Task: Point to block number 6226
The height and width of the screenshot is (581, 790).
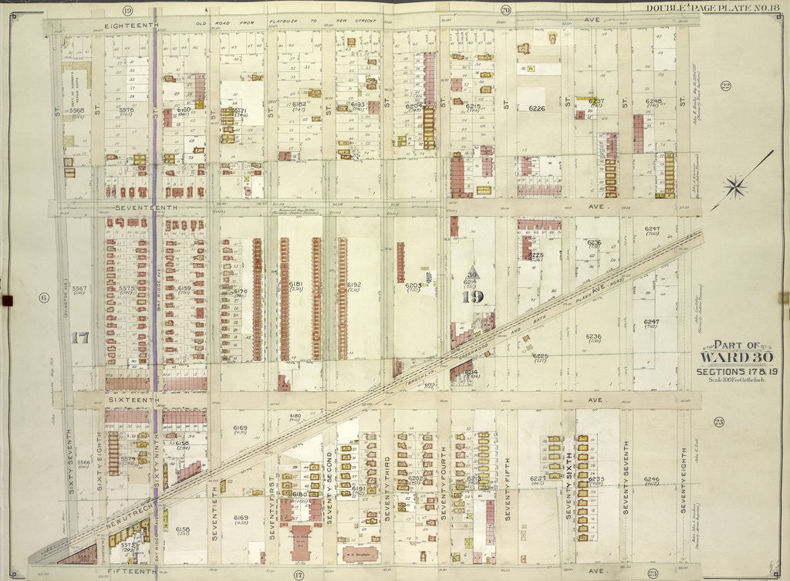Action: (x=537, y=109)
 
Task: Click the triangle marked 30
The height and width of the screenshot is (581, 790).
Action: (x=471, y=272)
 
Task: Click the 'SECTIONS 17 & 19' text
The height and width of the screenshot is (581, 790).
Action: (x=727, y=372)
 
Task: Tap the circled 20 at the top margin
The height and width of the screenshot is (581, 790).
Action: (x=505, y=9)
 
